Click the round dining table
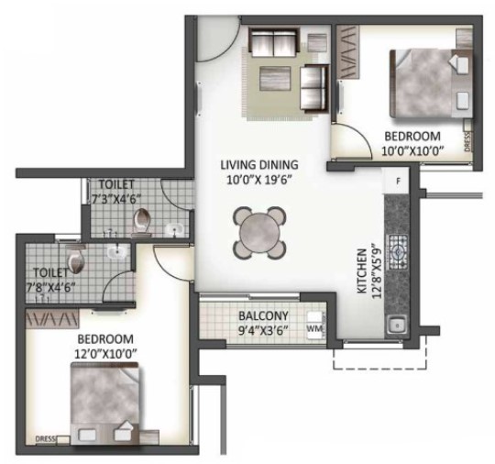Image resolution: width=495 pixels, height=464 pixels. tap(259, 233)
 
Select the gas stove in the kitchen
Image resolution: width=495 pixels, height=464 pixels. tap(399, 252)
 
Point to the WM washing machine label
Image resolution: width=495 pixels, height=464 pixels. tap(314, 328)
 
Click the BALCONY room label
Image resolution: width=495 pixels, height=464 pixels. tap(263, 315)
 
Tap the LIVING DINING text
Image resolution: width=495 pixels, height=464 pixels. tap(258, 164)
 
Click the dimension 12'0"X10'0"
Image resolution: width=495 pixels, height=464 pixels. tap(105, 353)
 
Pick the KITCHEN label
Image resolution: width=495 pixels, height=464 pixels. tap(362, 271)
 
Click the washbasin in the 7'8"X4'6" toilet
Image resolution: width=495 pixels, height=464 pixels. tap(117, 252)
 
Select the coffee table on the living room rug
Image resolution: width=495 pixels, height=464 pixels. tap(275, 78)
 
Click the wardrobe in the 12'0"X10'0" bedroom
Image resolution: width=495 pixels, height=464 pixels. tap(52, 318)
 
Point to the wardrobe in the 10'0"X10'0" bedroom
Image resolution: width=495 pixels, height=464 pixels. tap(347, 52)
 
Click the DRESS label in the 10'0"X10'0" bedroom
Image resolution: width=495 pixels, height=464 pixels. tap(467, 141)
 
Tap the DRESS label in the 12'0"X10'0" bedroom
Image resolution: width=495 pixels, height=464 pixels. tap(46, 438)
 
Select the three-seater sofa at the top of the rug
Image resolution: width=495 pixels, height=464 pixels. tap(273, 41)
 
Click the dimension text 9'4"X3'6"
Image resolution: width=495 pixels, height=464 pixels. tap(263, 330)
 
